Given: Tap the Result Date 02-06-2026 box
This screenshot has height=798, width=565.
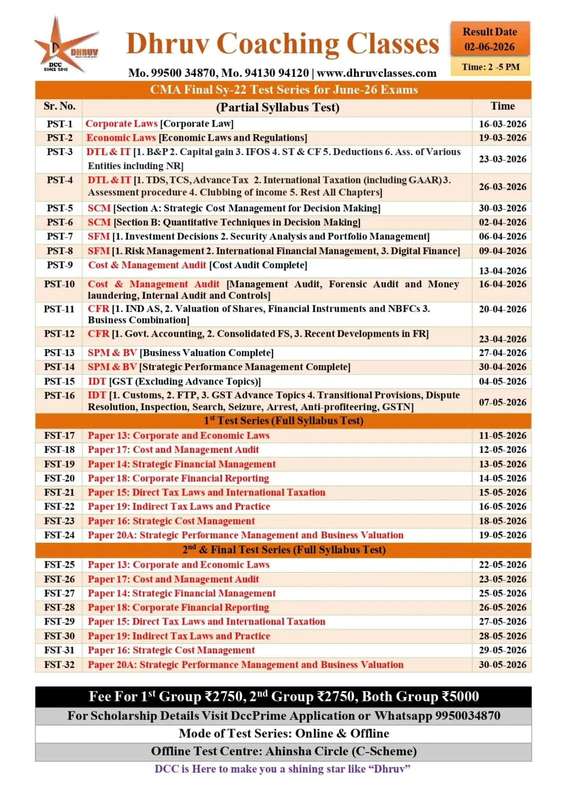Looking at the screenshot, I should (x=490, y=39).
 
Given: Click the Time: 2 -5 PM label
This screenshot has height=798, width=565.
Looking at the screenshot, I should (x=490, y=67).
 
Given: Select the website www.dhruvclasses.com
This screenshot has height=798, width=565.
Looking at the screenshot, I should (x=376, y=73).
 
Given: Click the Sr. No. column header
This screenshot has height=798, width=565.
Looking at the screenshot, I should (x=59, y=106).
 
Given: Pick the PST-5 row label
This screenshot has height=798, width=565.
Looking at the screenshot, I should (x=59, y=208).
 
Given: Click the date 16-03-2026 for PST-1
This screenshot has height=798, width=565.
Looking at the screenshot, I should (x=502, y=124).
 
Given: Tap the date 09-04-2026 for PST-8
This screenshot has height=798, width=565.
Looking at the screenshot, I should (x=502, y=251).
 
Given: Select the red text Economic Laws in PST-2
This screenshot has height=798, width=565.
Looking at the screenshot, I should (x=121, y=138).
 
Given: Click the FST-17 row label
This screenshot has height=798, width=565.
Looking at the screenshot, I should (x=59, y=435).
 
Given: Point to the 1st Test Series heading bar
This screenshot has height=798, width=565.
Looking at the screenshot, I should (x=283, y=420).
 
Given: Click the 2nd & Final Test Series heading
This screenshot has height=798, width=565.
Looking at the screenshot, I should (x=283, y=550).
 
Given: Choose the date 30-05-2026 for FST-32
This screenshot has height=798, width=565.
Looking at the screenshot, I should (x=502, y=664).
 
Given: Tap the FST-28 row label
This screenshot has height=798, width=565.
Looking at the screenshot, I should (x=59, y=607).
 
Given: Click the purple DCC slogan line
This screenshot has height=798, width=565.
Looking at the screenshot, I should (x=282, y=769).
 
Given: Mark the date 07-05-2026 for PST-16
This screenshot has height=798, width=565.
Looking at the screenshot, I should (x=502, y=402).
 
